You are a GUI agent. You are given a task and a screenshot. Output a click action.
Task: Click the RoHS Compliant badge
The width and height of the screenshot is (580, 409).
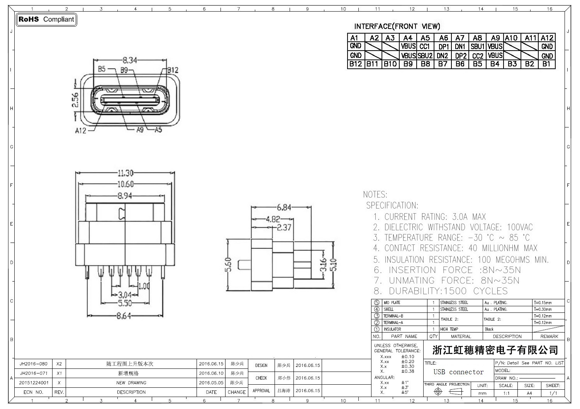click(x=46, y=19)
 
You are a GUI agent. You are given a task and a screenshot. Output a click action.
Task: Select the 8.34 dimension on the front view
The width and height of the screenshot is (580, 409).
click(x=129, y=60)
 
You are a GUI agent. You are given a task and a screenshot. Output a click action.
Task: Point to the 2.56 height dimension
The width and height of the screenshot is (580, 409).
click(x=75, y=100)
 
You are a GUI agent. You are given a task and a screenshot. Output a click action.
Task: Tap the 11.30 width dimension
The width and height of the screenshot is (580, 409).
click(x=125, y=173)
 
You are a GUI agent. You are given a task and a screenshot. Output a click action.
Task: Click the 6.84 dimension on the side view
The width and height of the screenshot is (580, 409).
click(x=284, y=207)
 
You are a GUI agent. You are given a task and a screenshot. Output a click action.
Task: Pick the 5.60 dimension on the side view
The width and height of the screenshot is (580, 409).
click(x=228, y=265)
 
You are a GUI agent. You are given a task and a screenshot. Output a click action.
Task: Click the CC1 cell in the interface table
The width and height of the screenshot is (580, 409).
click(x=425, y=46)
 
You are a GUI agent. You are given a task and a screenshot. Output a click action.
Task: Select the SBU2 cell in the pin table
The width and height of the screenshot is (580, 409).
click(x=425, y=56)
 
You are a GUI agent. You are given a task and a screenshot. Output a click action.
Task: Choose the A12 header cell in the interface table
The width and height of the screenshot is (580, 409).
click(x=547, y=38)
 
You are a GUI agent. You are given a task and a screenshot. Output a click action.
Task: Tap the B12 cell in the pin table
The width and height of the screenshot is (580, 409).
click(x=355, y=64)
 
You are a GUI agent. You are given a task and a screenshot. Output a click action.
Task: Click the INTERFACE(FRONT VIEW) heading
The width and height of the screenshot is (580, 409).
click(x=397, y=26)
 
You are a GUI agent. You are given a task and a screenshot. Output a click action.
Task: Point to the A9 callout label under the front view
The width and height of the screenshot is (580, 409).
click(x=140, y=130)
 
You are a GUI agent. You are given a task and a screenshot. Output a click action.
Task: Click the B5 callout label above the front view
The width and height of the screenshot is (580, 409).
click(x=102, y=69)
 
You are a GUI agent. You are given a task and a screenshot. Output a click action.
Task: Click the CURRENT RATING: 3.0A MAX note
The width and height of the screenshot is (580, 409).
click(x=429, y=217)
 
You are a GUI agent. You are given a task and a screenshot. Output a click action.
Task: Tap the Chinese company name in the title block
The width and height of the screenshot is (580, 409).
click(x=495, y=350)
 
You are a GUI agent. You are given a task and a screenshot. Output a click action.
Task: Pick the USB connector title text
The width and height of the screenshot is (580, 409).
click(x=458, y=372)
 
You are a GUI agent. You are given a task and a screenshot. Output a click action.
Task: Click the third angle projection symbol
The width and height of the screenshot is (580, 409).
click(x=447, y=392)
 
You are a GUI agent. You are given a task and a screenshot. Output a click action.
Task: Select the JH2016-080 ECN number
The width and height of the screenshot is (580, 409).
click(x=33, y=364)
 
